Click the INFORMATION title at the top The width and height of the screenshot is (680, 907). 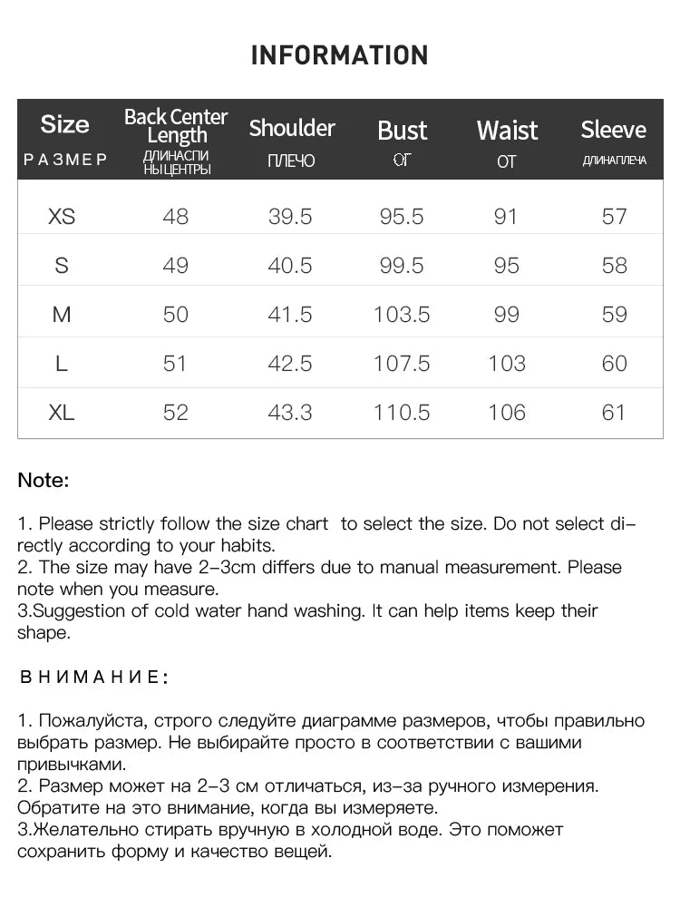click(x=339, y=55)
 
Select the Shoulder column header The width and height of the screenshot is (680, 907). click(x=292, y=128)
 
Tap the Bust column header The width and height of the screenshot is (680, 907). click(x=402, y=131)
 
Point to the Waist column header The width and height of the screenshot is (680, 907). click(x=507, y=131)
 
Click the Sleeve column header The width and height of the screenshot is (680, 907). click(x=613, y=130)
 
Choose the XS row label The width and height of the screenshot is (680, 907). click(x=62, y=217)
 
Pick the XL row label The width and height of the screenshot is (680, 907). click(x=62, y=413)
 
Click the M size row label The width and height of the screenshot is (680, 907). click(x=62, y=315)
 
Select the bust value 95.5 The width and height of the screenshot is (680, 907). click(x=402, y=217)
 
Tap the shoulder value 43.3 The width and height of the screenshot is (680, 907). click(x=290, y=413)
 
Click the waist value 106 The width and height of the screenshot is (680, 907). click(x=506, y=413)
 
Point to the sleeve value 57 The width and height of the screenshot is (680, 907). click(x=614, y=217)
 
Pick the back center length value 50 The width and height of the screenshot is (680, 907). click(x=175, y=315)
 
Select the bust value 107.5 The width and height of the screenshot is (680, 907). click(x=402, y=364)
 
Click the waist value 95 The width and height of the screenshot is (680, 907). click(x=506, y=266)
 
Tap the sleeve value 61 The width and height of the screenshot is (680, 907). click(x=614, y=413)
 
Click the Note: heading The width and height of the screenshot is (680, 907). click(x=44, y=481)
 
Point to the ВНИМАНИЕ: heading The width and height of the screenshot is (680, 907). click(x=93, y=677)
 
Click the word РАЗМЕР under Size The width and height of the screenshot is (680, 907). click(x=65, y=160)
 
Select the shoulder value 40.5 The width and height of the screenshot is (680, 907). click(x=290, y=266)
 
